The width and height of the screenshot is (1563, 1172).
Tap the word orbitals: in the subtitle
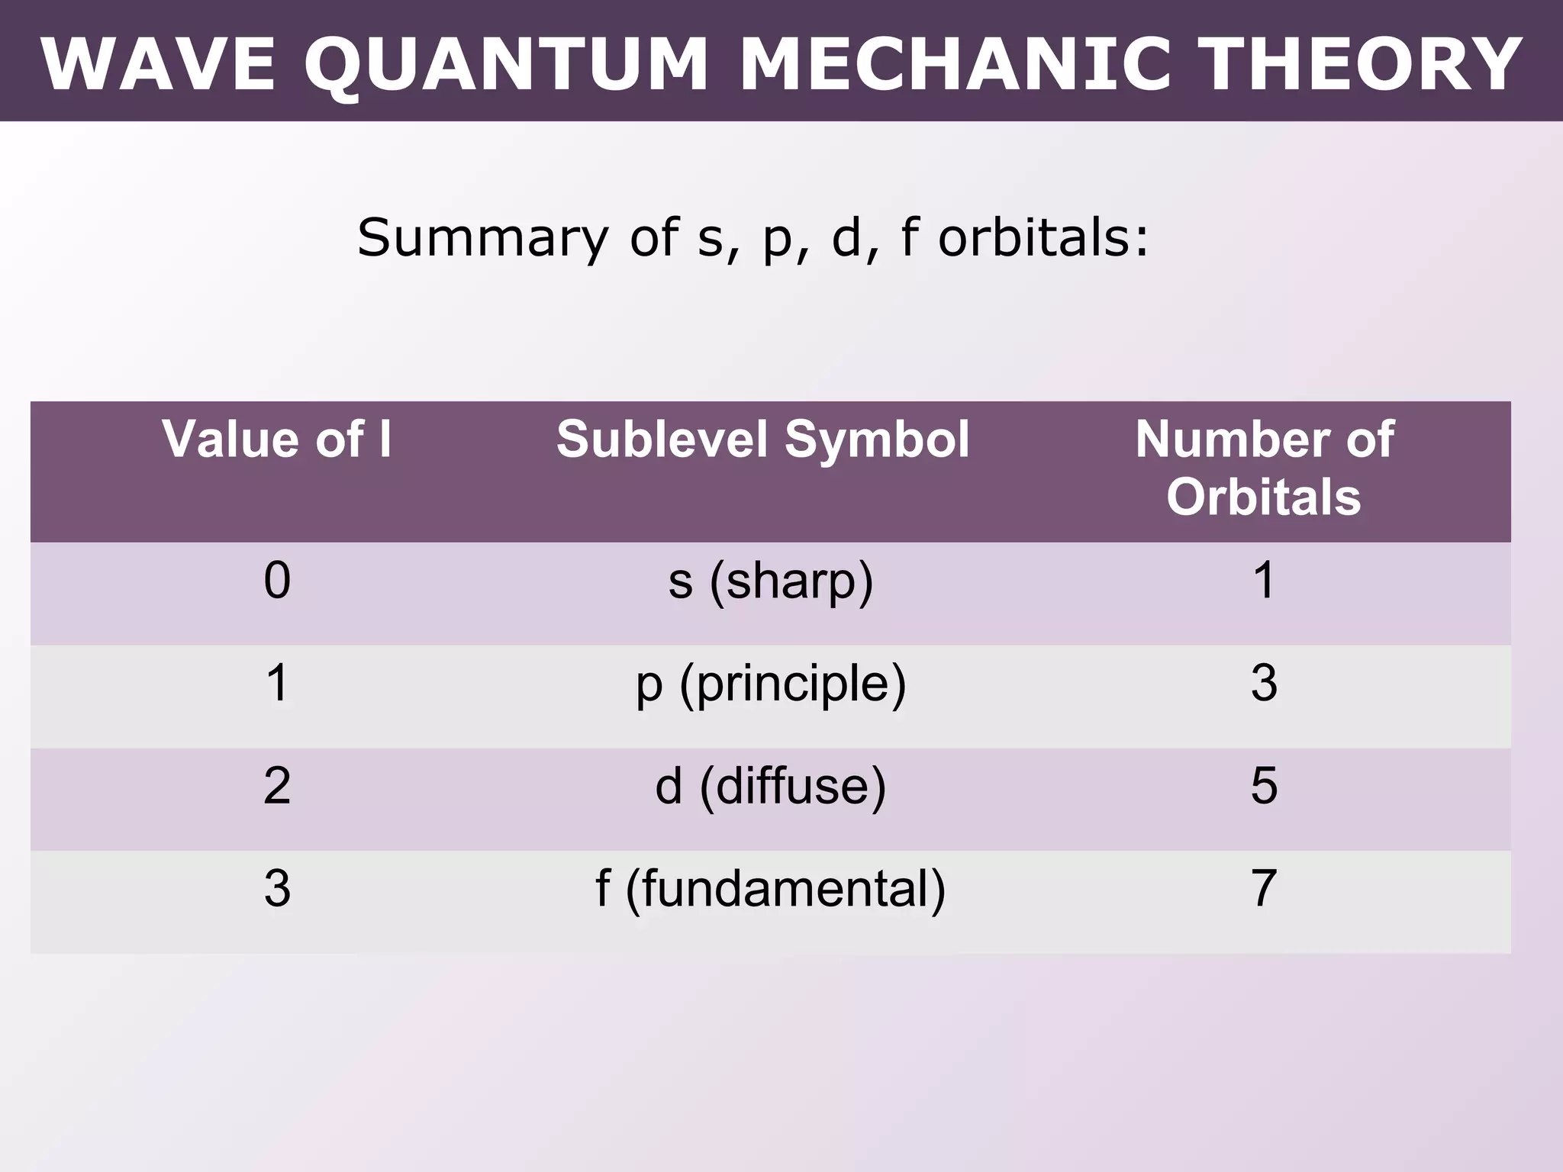[1043, 238]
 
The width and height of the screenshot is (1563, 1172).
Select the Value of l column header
[276, 439]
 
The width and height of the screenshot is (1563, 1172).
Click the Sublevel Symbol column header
[762, 439]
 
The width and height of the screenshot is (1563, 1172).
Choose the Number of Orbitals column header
[1264, 468]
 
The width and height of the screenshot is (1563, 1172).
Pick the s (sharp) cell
[770, 581]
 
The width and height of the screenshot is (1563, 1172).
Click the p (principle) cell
[771, 684]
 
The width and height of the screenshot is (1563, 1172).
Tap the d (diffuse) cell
[770, 786]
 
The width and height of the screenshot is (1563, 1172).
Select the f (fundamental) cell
[770, 889]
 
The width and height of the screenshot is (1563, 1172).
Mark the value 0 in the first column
[277, 581]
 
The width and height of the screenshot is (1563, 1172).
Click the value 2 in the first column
[277, 786]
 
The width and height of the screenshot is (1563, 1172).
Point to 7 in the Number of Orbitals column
[1264, 888]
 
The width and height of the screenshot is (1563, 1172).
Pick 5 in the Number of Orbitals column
[1264, 786]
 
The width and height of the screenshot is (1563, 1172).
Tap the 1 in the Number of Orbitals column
[1264, 581]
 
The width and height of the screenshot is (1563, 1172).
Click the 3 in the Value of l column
[277, 888]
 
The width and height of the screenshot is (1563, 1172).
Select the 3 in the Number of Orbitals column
[1264, 683]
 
